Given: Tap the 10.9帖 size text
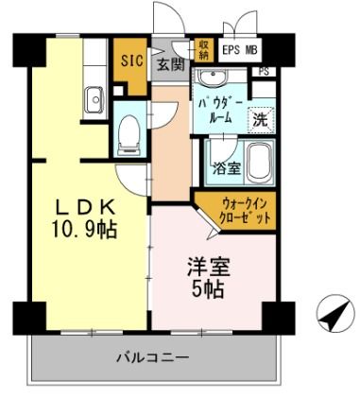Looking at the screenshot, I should [x=84, y=230].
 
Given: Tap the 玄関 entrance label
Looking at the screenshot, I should [x=170, y=64].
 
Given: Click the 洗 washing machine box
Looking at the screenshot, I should [x=259, y=120].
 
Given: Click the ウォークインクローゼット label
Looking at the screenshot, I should [x=248, y=208].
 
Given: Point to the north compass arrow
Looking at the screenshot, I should [x=327, y=315].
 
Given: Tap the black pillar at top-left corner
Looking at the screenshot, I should [x=23, y=43].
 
